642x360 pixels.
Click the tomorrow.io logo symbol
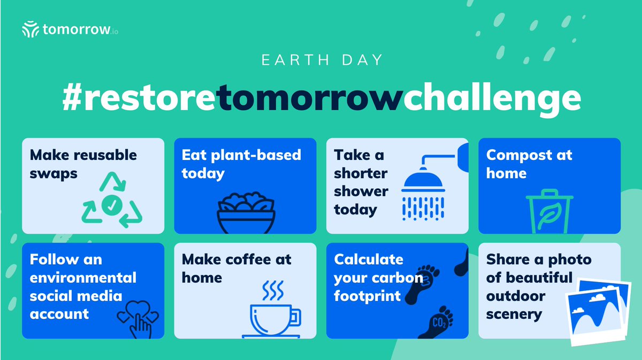click(x=30, y=29)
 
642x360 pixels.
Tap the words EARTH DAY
click(x=322, y=59)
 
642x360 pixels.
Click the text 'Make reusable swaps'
click(x=83, y=164)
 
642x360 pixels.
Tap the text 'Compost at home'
click(x=529, y=164)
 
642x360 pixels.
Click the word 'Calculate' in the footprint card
click(x=369, y=259)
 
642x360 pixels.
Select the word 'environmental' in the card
click(x=83, y=278)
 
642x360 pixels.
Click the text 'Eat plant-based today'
click(x=241, y=164)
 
